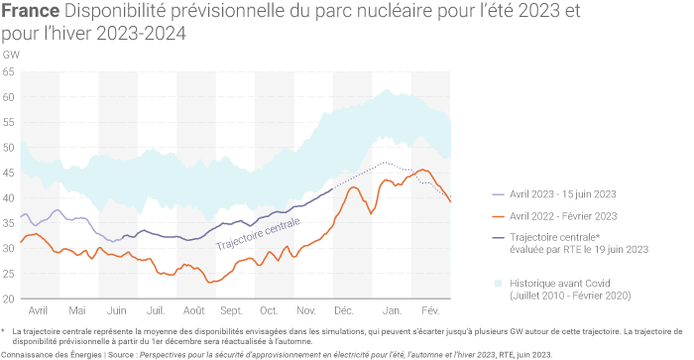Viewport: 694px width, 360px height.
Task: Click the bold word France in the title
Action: (31, 13)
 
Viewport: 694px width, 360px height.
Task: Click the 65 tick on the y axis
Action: (8, 71)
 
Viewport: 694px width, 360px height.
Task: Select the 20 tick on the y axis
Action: (8, 299)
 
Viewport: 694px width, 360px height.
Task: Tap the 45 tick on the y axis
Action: (8, 173)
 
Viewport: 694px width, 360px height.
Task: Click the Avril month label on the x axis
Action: (39, 310)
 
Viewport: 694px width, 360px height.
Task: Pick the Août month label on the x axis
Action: (194, 310)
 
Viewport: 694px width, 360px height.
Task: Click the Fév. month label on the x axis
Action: (430, 310)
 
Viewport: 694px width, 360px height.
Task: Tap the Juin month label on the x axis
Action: (117, 310)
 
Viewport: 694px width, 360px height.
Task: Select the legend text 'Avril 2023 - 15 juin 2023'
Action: (563, 195)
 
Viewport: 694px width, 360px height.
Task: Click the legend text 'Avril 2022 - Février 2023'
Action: (563, 215)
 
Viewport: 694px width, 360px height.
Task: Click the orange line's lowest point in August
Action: (209, 282)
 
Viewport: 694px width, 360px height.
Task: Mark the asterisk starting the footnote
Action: (4, 330)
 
